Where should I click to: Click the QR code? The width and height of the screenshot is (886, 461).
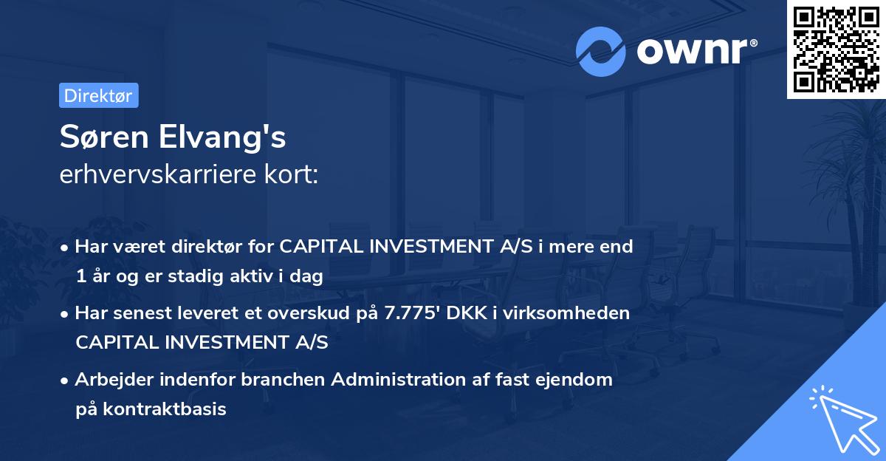(x=836, y=49)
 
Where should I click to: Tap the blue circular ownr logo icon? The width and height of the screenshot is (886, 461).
(x=600, y=52)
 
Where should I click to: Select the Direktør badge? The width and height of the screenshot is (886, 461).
(x=98, y=95)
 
